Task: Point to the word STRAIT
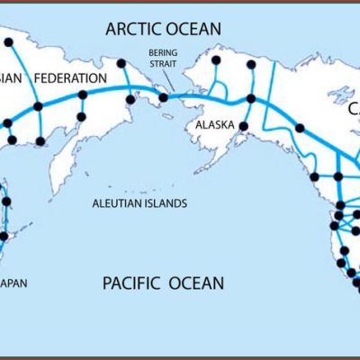pyautogui.click(x=163, y=65)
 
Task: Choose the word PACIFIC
pyautogui.click(x=131, y=284)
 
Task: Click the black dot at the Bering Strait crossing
pyautogui.click(x=164, y=97)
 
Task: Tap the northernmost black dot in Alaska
pyautogui.click(x=215, y=60)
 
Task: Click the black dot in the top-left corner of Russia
pyautogui.click(x=9, y=41)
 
